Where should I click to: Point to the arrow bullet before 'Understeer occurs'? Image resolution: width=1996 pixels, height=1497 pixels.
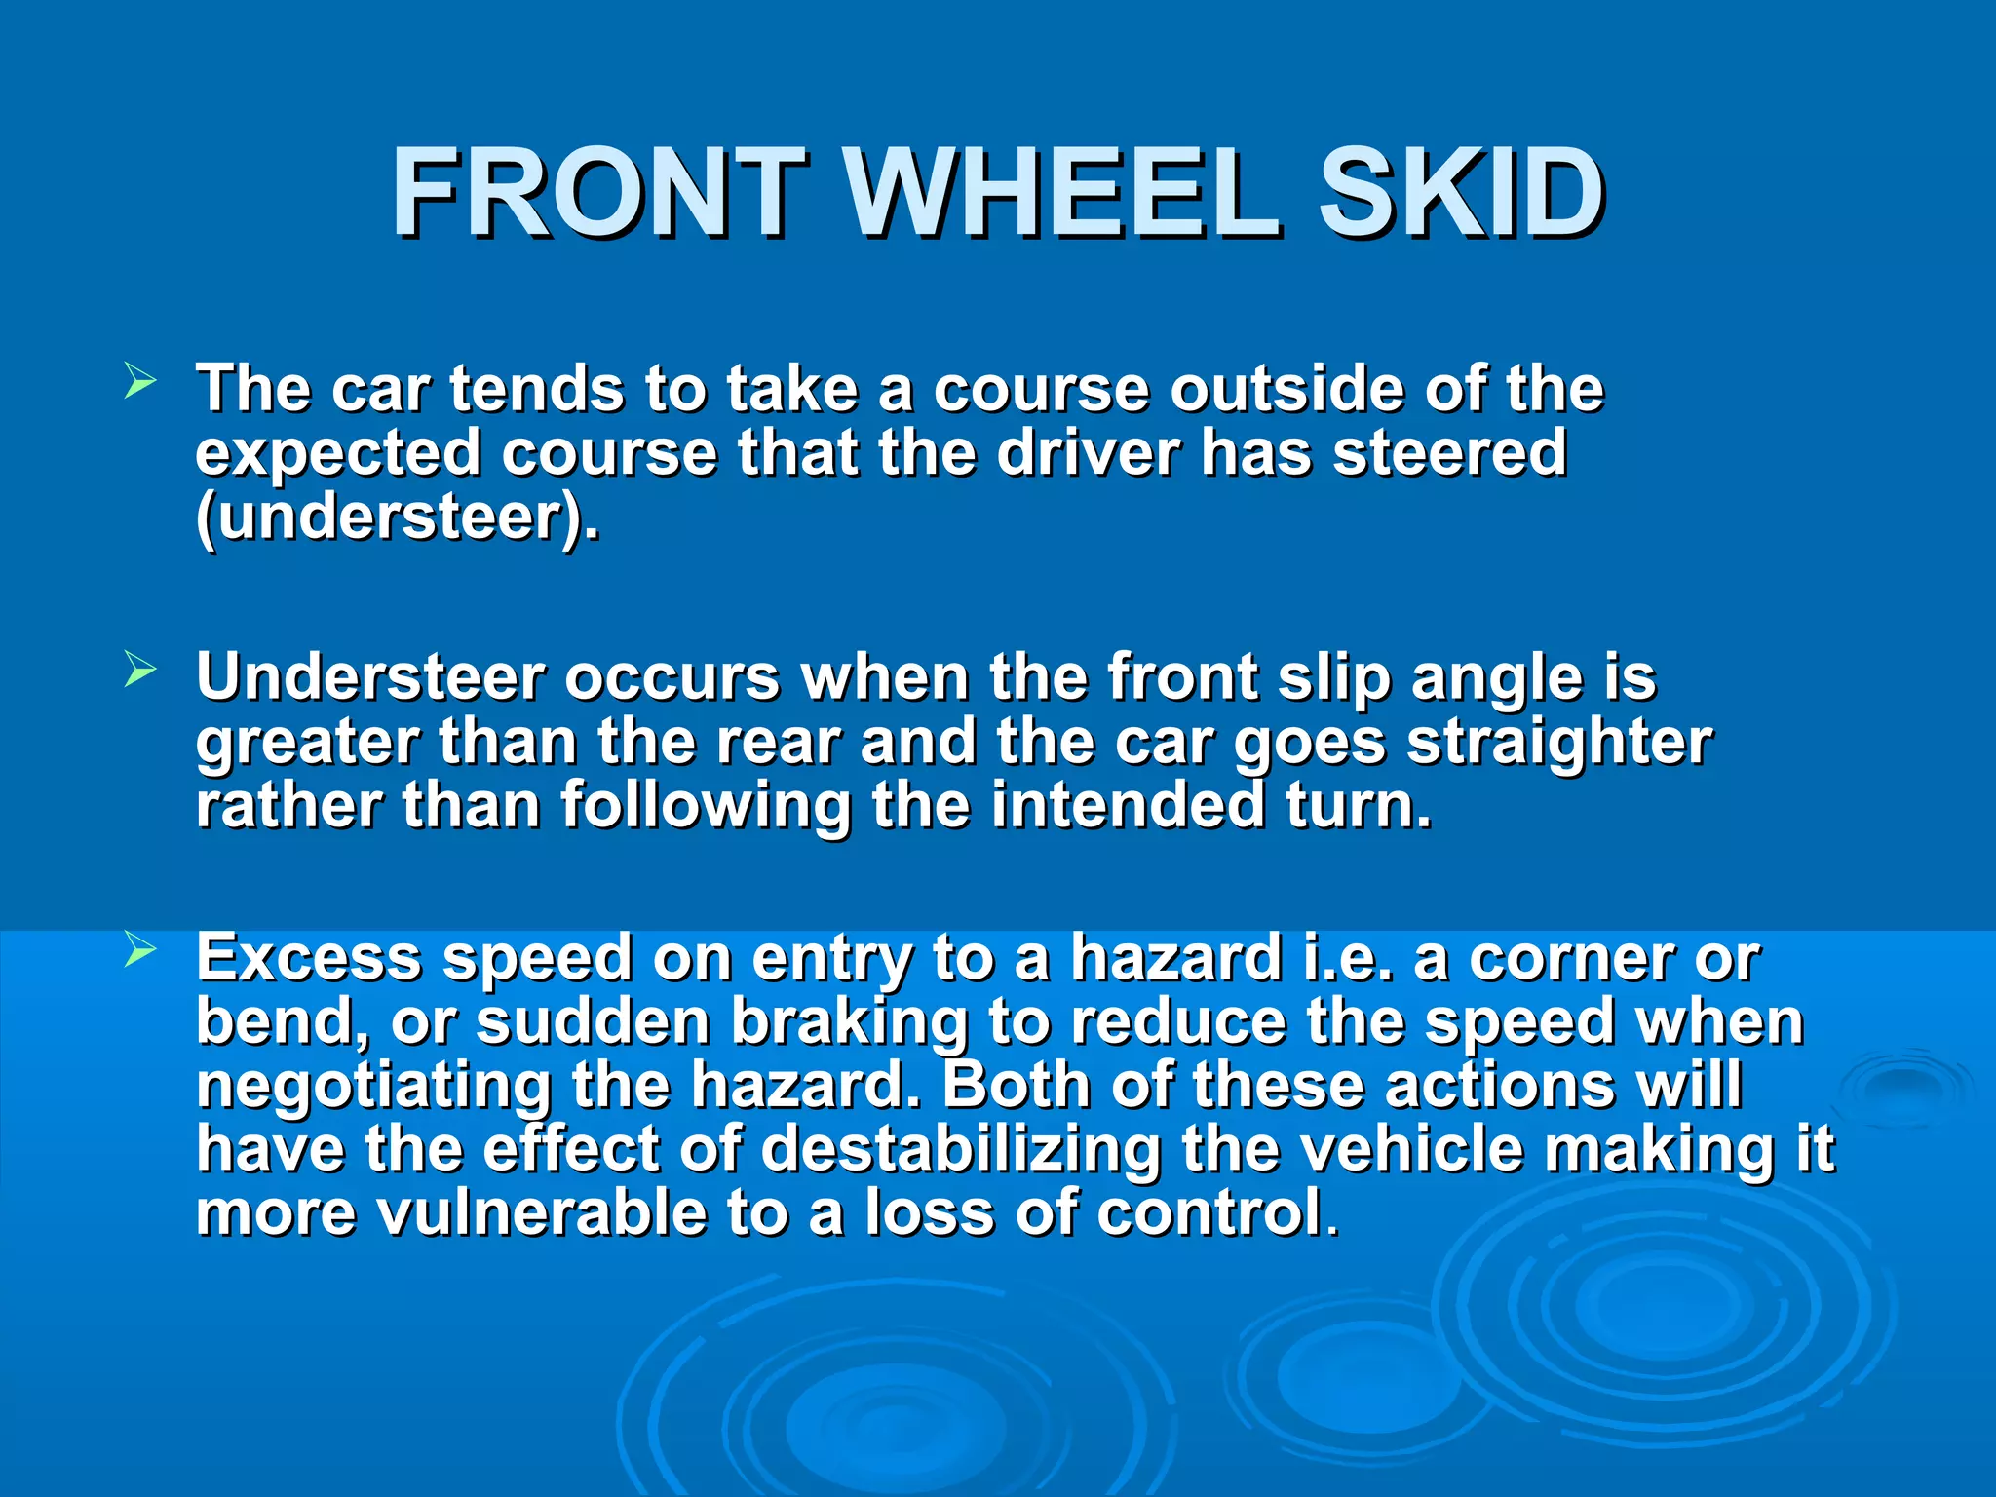(139, 670)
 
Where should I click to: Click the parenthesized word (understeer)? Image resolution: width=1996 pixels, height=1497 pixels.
(398, 518)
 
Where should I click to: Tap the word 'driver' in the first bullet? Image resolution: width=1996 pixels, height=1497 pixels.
(1088, 453)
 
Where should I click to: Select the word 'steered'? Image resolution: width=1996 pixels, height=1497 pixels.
(1449, 453)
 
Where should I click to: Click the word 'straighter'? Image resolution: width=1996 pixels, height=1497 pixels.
(1558, 743)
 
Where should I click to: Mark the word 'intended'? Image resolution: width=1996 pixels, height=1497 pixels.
(1127, 806)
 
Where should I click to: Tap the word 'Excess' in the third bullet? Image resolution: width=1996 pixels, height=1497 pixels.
(309, 958)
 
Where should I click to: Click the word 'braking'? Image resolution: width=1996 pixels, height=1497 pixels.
(849, 1022)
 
